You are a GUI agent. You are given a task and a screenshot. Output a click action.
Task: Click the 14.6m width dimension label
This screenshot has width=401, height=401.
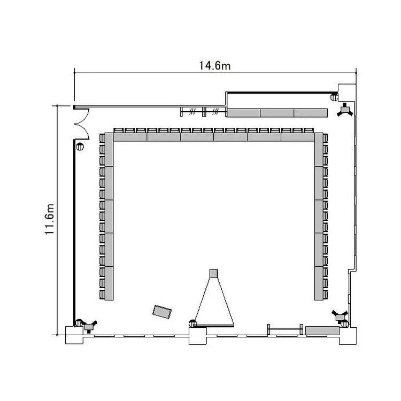[215, 65]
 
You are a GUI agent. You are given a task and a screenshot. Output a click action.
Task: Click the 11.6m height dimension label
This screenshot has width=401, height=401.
[49, 219]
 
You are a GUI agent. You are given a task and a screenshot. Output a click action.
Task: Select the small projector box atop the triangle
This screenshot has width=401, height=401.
[213, 273]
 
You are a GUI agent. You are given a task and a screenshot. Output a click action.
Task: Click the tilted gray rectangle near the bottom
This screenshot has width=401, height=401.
[162, 312]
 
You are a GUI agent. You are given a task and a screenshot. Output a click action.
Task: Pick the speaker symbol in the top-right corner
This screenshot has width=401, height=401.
[345, 110]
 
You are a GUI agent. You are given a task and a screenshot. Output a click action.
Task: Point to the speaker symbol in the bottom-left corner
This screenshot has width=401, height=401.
[89, 326]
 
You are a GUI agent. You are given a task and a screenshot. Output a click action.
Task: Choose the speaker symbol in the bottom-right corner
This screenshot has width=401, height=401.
[340, 317]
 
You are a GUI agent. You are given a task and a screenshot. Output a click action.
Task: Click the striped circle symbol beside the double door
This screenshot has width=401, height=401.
[80, 147]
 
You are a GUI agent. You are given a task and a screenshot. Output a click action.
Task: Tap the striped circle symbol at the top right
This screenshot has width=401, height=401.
[334, 97]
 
